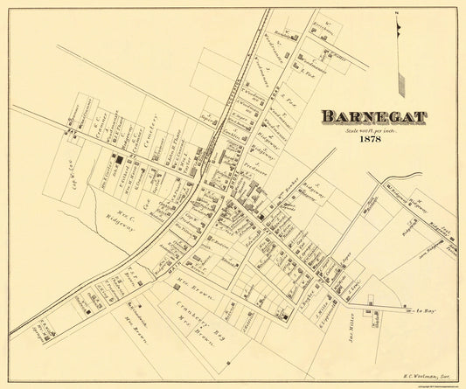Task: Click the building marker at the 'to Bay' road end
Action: [407, 309]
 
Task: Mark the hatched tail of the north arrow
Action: [401, 83]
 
